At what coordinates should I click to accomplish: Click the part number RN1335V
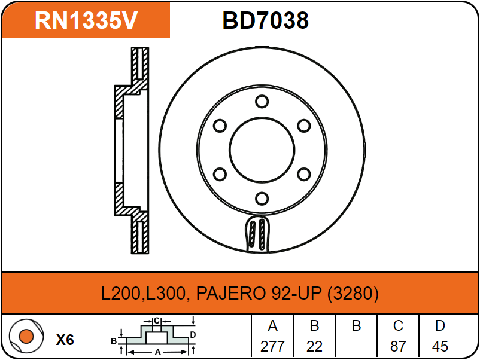(x=86, y=20)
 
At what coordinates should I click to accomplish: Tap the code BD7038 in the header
(x=265, y=20)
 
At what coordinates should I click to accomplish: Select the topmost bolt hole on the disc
(x=262, y=101)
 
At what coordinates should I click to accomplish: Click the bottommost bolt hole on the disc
(x=262, y=199)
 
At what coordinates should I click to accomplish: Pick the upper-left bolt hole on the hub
(x=220, y=126)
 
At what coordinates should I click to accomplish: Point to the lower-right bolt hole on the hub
(x=304, y=175)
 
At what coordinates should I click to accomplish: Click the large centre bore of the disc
(x=262, y=150)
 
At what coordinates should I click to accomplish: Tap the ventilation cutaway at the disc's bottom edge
(x=257, y=234)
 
